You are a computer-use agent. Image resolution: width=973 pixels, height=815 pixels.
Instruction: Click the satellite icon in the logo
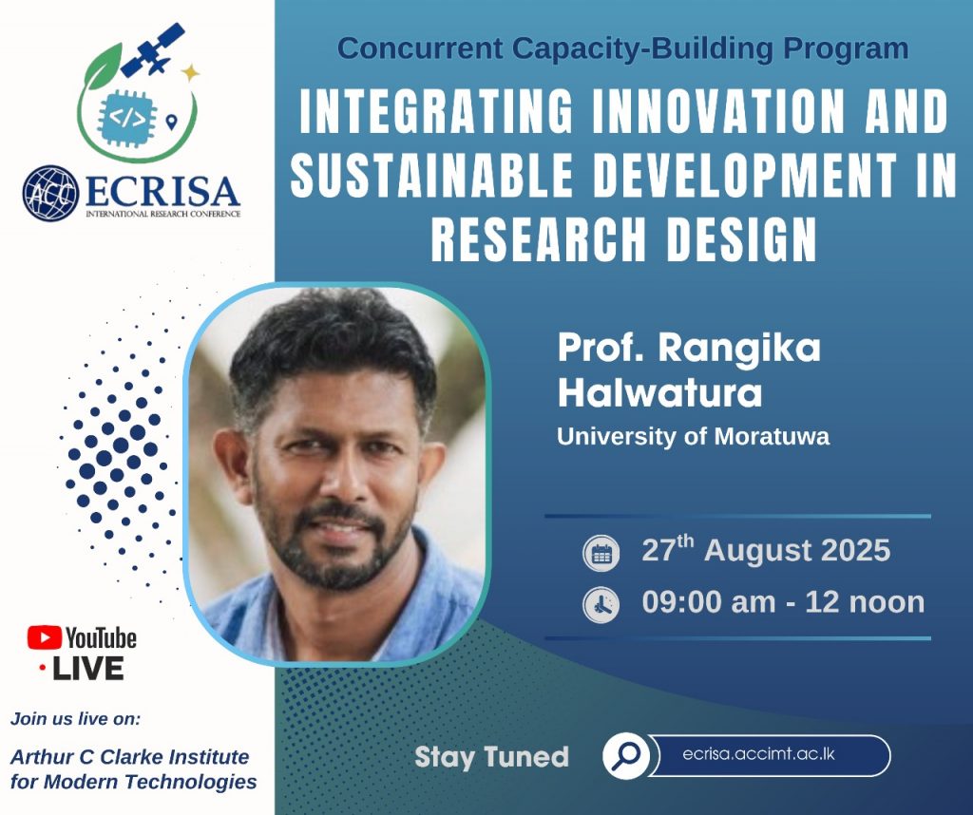coord(153,49)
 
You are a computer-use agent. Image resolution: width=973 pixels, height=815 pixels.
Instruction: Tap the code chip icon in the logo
coord(128,118)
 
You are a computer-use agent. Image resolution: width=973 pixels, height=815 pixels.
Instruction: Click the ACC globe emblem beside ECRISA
coord(51,193)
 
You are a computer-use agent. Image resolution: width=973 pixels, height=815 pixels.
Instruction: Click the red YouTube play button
coord(44,637)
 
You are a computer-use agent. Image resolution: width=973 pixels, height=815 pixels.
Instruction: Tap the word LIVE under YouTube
coord(87,669)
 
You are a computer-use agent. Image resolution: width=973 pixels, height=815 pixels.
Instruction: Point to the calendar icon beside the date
coord(601,553)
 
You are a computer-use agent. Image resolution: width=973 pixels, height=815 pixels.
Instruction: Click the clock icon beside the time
coord(601,604)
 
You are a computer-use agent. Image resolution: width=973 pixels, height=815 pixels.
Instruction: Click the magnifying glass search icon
coord(626,755)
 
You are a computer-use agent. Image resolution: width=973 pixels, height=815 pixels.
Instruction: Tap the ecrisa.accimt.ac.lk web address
coord(758,754)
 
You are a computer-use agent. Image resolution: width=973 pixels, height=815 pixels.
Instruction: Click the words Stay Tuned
coord(491,757)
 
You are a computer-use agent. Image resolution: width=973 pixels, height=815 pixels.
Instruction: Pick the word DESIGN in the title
coord(741,239)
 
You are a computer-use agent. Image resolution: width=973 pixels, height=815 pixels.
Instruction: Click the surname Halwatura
coord(659,393)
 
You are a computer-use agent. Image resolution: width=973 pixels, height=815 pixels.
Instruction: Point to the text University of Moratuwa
coord(693,437)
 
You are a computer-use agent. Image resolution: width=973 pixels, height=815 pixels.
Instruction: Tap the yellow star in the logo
coord(190,72)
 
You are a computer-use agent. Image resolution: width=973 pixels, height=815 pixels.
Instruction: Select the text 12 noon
coord(865,603)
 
